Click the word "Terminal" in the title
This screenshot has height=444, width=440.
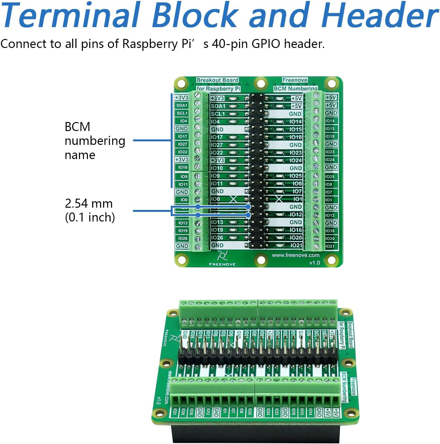[x=71, y=15]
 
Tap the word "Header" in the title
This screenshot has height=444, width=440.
[x=380, y=15]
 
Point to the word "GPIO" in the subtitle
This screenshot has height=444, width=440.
[x=266, y=44]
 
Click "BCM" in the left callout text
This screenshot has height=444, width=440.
[x=77, y=127]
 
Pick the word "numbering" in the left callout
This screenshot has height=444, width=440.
[x=95, y=141]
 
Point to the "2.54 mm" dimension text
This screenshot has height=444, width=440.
[x=89, y=203]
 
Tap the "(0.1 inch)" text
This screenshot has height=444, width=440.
[x=90, y=217]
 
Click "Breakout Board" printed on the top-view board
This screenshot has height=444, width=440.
[x=217, y=80]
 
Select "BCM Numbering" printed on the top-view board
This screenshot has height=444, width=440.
[x=295, y=89]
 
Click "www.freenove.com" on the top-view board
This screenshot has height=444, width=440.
[x=296, y=255]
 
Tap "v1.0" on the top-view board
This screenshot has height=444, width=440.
[x=314, y=263]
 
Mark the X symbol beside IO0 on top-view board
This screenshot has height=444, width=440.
[x=233, y=199]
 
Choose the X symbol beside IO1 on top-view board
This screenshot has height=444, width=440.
[x=279, y=199]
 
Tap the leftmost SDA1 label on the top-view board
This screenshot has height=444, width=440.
[x=182, y=105]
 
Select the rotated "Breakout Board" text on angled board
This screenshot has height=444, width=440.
[x=350, y=335]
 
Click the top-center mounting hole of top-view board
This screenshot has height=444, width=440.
[x=261, y=84]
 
